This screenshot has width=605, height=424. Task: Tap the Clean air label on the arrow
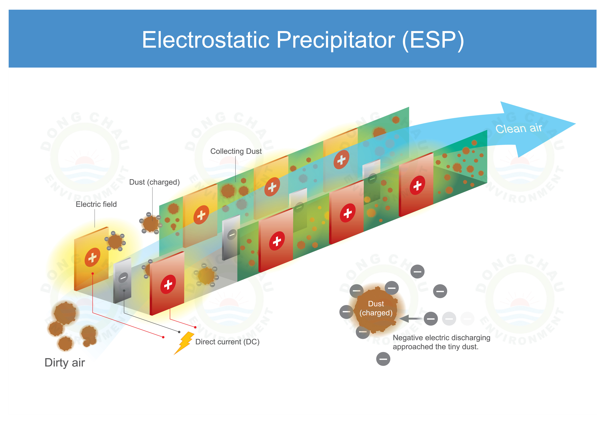[519, 129]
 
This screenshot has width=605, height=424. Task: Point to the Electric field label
[96, 204]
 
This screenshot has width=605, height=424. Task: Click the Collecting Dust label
[236, 151]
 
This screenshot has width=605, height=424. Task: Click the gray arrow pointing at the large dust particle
[412, 319]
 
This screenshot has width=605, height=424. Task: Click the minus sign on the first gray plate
[123, 278]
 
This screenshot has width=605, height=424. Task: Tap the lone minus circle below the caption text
[383, 359]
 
